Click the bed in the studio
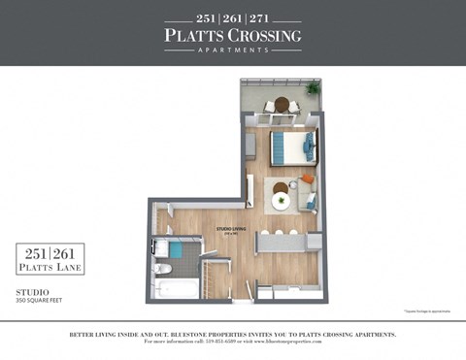pos(292,147)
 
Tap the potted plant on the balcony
pos(313,88)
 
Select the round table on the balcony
pos(282,104)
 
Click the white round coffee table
pos(282,201)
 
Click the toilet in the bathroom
pos(165,269)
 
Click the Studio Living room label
pos(230,230)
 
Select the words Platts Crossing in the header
pos(233,36)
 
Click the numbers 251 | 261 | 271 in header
pos(233,18)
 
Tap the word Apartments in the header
pos(233,50)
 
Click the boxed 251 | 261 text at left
pos(50,254)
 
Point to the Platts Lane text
pos(50,268)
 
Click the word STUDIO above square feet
pos(32,290)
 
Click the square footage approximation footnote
pos(424,311)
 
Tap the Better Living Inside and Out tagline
pos(233,334)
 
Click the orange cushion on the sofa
pos(307,179)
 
